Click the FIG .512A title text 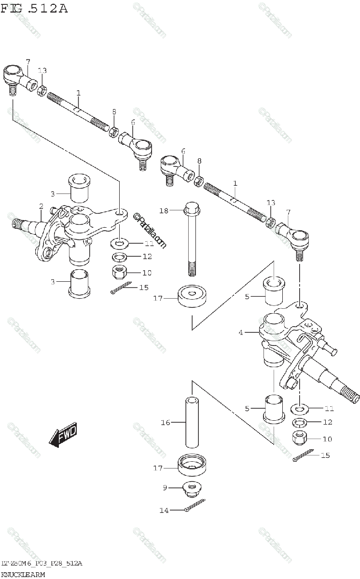coord(34,8)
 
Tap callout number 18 coord(164,210)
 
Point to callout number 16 coord(165,423)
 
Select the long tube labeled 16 coord(192,423)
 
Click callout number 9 coord(165,488)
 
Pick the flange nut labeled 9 coord(192,489)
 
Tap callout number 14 coord(164,510)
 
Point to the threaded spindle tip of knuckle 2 coord(16,223)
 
